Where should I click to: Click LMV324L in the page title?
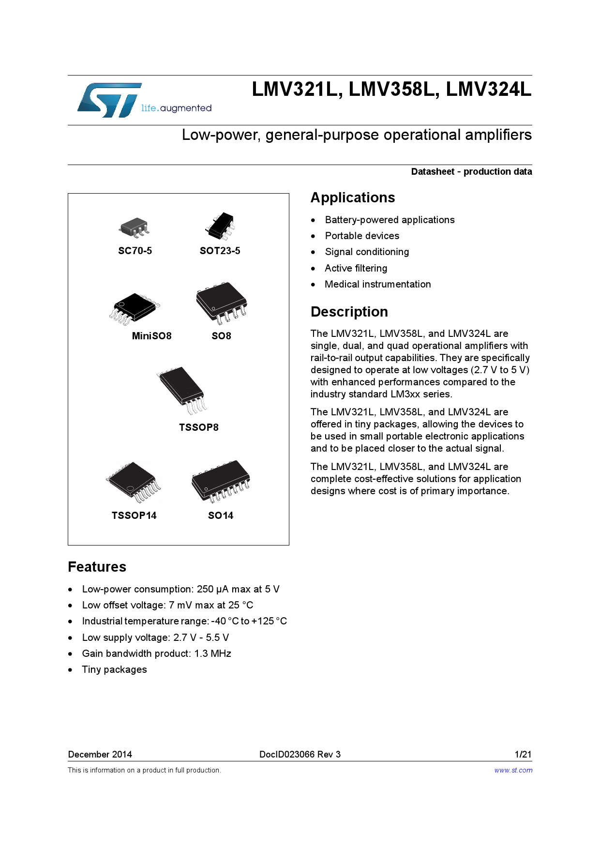(488, 90)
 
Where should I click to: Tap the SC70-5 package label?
(135, 251)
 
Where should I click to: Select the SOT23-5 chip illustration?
(220, 226)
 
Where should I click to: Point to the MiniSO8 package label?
(151, 336)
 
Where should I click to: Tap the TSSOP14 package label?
(134, 515)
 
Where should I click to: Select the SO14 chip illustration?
(221, 481)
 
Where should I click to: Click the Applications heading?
(353, 197)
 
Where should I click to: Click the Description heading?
(349, 312)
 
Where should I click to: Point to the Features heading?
(97, 567)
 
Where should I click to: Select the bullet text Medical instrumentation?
(377, 284)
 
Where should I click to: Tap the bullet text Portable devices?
(362, 236)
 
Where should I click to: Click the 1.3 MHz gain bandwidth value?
(212, 653)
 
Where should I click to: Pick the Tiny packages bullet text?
(114, 669)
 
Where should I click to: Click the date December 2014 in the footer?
(100, 754)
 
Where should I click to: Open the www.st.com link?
(513, 770)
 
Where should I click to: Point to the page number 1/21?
(523, 754)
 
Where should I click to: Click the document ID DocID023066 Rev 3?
(300, 754)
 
